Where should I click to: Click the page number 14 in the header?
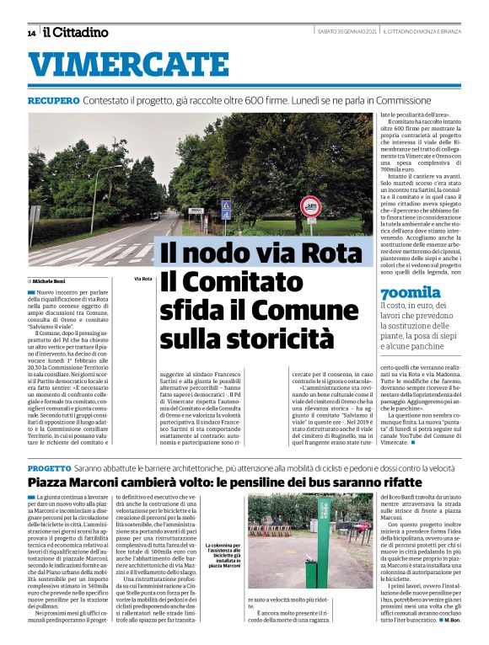coord(31,33)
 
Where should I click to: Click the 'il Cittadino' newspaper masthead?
coord(76,33)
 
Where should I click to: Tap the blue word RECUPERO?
coord(53,100)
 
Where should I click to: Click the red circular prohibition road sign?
coord(311,206)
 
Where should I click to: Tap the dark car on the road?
coord(155,216)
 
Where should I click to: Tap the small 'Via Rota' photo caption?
coord(142,279)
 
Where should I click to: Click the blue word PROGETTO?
coord(49,466)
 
